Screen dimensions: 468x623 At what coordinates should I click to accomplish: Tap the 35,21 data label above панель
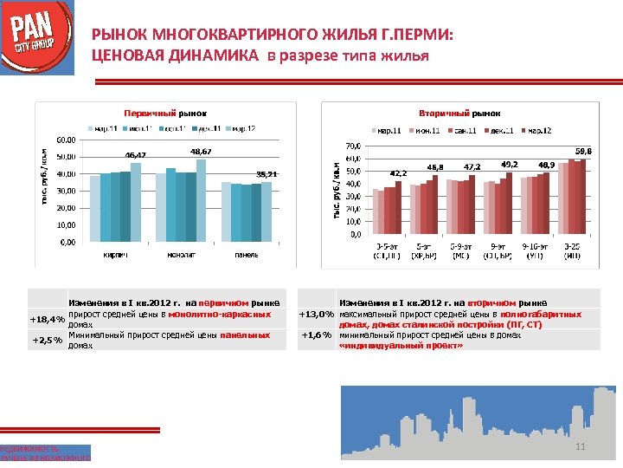coord(266,173)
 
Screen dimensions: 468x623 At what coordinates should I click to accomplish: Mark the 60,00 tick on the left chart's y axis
coord(66,140)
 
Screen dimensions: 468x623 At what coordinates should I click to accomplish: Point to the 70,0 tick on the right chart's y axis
coord(352,146)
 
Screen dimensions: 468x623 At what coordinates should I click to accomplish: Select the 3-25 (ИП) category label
coord(573,251)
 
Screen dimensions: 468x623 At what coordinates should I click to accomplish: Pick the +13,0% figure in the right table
coord(317,314)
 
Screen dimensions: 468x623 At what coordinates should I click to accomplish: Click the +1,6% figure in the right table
coord(317,335)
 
